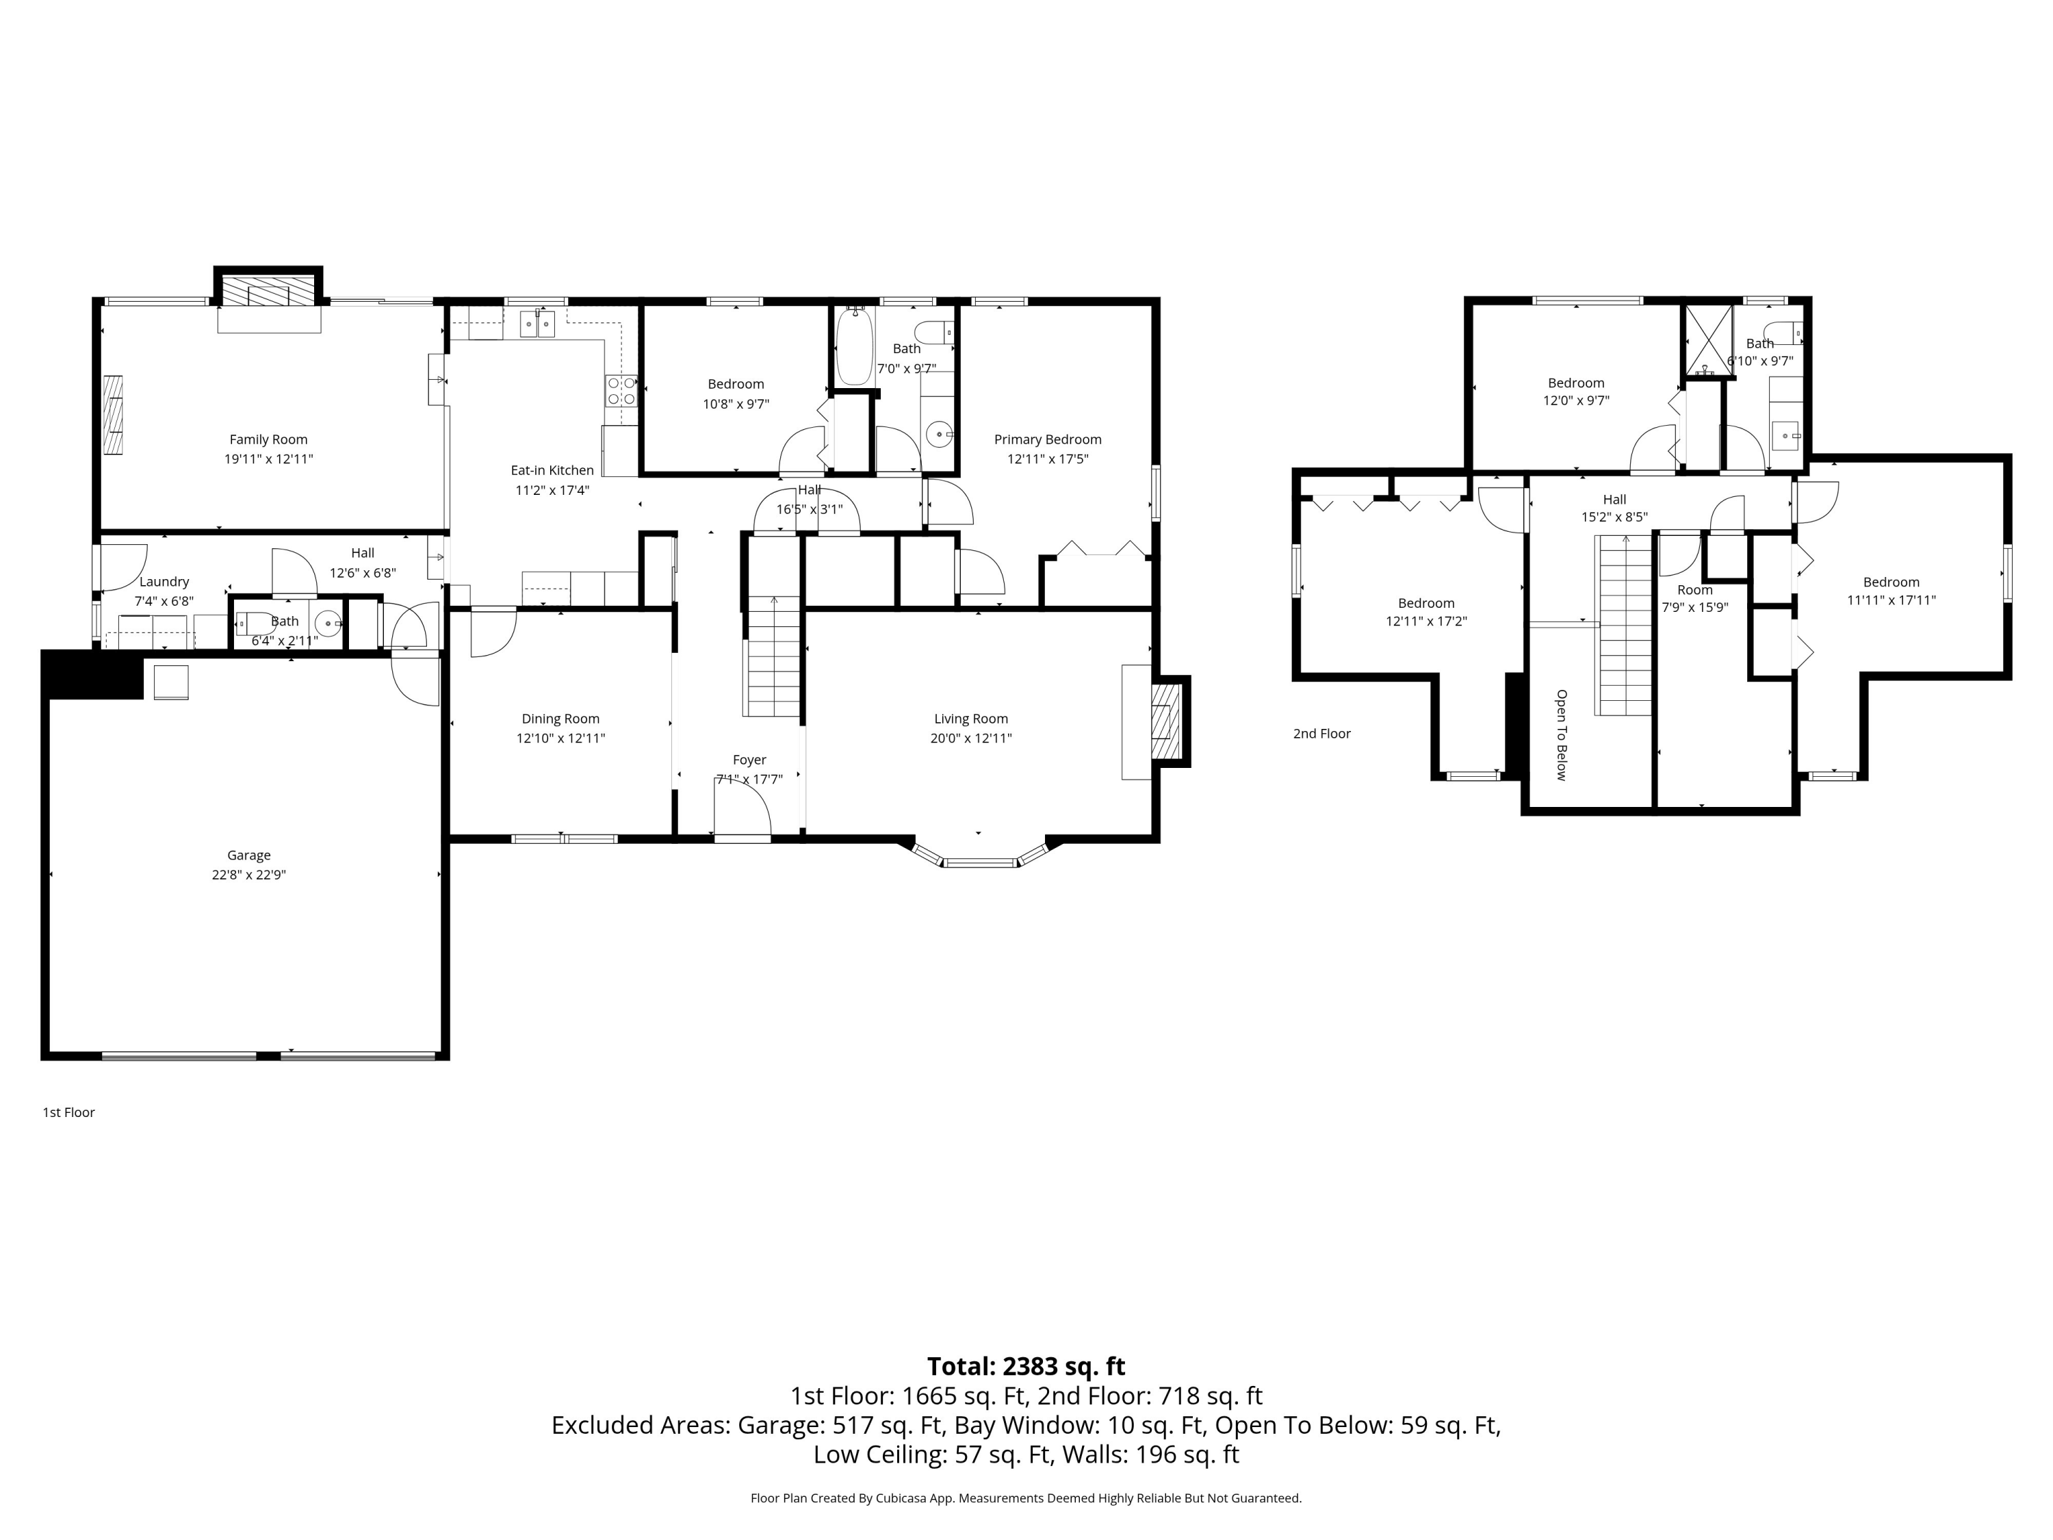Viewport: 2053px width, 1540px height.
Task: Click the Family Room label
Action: (268, 440)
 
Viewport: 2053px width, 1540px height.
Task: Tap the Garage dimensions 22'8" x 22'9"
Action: (248, 875)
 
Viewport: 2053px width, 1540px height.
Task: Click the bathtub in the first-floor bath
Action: (854, 347)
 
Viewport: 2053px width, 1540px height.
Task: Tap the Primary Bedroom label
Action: (1047, 440)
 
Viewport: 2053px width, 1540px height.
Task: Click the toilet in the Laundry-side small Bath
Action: (255, 623)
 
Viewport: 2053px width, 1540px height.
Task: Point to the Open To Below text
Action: (1561, 734)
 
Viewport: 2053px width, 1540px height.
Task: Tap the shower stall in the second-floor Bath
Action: (1707, 339)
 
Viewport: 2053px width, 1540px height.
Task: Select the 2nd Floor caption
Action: (1321, 733)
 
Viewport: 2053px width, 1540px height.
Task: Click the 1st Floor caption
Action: (68, 1112)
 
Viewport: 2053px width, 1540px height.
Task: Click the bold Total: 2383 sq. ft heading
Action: (1026, 1366)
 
